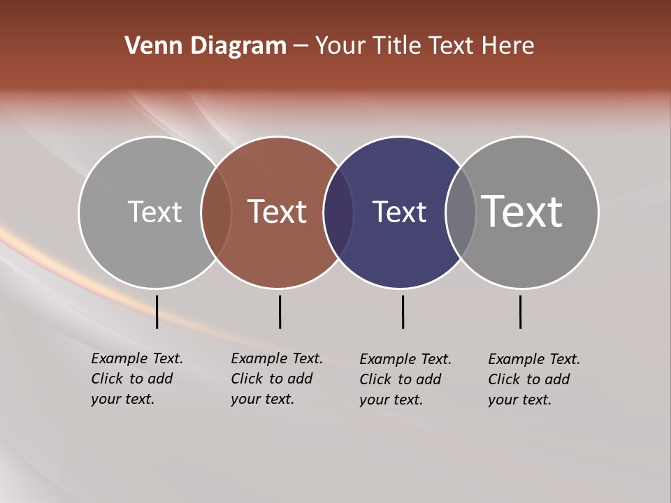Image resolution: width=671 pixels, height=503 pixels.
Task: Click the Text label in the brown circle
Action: click(x=277, y=212)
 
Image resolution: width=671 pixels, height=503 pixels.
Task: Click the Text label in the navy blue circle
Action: click(x=399, y=212)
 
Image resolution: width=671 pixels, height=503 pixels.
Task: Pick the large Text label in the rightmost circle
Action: click(x=521, y=212)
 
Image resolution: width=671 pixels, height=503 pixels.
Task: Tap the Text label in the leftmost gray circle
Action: click(x=154, y=212)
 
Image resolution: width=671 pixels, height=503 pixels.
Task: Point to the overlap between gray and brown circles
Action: click(x=216, y=212)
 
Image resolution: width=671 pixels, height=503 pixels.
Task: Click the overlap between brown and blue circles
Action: click(x=338, y=212)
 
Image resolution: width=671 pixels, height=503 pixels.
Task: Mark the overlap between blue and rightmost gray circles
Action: click(x=461, y=212)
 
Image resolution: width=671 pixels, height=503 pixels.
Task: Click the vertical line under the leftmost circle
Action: click(x=157, y=312)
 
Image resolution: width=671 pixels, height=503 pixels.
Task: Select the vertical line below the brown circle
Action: click(x=280, y=312)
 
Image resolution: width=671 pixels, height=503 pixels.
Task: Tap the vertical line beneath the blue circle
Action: click(x=403, y=312)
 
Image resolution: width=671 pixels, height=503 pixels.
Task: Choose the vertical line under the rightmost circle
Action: click(x=520, y=312)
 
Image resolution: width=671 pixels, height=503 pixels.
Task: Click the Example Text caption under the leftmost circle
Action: click(x=136, y=379)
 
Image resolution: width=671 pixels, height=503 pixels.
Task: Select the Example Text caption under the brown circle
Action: click(x=276, y=379)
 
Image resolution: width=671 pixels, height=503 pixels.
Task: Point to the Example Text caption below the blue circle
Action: click(x=405, y=379)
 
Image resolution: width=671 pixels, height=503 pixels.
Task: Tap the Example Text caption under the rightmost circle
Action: click(x=533, y=379)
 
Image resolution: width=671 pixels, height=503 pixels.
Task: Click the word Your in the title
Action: click(x=340, y=46)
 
